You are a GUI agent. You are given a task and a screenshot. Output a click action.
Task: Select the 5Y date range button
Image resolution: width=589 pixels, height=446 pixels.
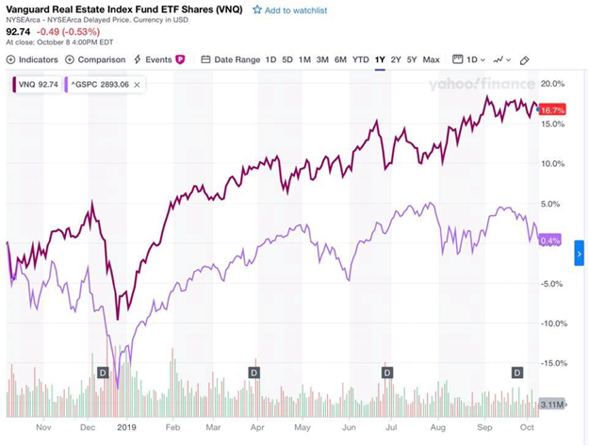[x=412, y=59]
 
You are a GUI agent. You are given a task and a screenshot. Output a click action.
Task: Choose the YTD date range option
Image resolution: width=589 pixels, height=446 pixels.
[x=360, y=59]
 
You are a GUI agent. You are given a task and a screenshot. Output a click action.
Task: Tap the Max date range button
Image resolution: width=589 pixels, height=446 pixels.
[x=431, y=59]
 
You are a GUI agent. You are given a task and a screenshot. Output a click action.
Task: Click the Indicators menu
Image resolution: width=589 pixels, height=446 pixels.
[x=33, y=59]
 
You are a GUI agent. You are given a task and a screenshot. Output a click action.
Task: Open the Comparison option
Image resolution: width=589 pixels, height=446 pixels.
[x=95, y=59]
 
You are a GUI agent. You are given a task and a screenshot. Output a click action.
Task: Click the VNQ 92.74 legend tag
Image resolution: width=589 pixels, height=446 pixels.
[x=37, y=84]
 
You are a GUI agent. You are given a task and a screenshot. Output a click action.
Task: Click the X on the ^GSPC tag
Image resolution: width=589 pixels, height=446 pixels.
[x=138, y=84]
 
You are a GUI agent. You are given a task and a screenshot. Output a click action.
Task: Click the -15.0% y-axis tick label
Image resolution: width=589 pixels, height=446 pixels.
[x=553, y=363]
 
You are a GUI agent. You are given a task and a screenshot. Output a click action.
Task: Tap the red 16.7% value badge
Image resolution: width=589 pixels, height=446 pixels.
[x=552, y=110]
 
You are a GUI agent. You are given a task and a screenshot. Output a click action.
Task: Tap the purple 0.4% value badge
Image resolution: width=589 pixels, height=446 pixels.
[x=550, y=240]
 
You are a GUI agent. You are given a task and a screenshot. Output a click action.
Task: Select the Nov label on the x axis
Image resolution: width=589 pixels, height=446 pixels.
[x=43, y=427]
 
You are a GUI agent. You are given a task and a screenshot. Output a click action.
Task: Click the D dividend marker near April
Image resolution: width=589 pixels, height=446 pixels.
[x=254, y=372]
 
